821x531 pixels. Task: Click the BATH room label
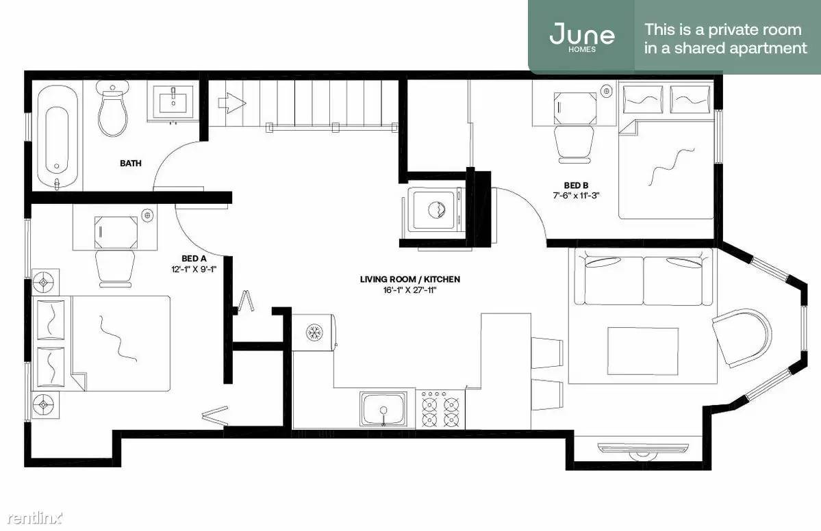pos(130,164)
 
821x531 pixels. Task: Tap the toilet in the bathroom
pos(112,109)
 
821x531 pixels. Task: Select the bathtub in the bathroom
pos(57,138)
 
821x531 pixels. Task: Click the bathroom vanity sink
pos(173,101)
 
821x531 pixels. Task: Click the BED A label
pos(194,259)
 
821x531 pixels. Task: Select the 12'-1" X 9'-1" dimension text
pos(194,269)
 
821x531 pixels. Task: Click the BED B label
pos(576,185)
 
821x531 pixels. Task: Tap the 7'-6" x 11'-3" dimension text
pos(576,196)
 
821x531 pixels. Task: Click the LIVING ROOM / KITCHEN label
pos(410,279)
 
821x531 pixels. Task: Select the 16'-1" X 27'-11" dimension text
pos(410,290)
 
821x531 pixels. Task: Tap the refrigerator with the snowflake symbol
pos(314,332)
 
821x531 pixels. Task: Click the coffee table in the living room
pos(643,351)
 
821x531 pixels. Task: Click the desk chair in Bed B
pos(574,143)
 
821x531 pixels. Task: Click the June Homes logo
pos(582,36)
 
